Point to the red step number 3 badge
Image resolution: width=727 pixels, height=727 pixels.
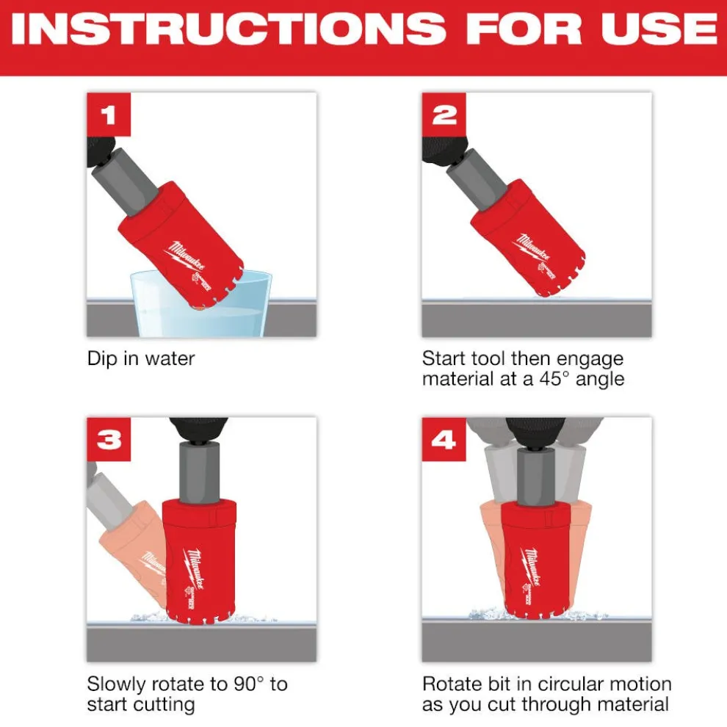pos(108,439)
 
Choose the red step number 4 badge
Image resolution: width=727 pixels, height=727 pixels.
pos(444,439)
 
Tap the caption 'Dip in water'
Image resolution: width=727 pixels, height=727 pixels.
pos(141,359)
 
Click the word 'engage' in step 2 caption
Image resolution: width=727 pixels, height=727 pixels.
pos(587,359)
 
